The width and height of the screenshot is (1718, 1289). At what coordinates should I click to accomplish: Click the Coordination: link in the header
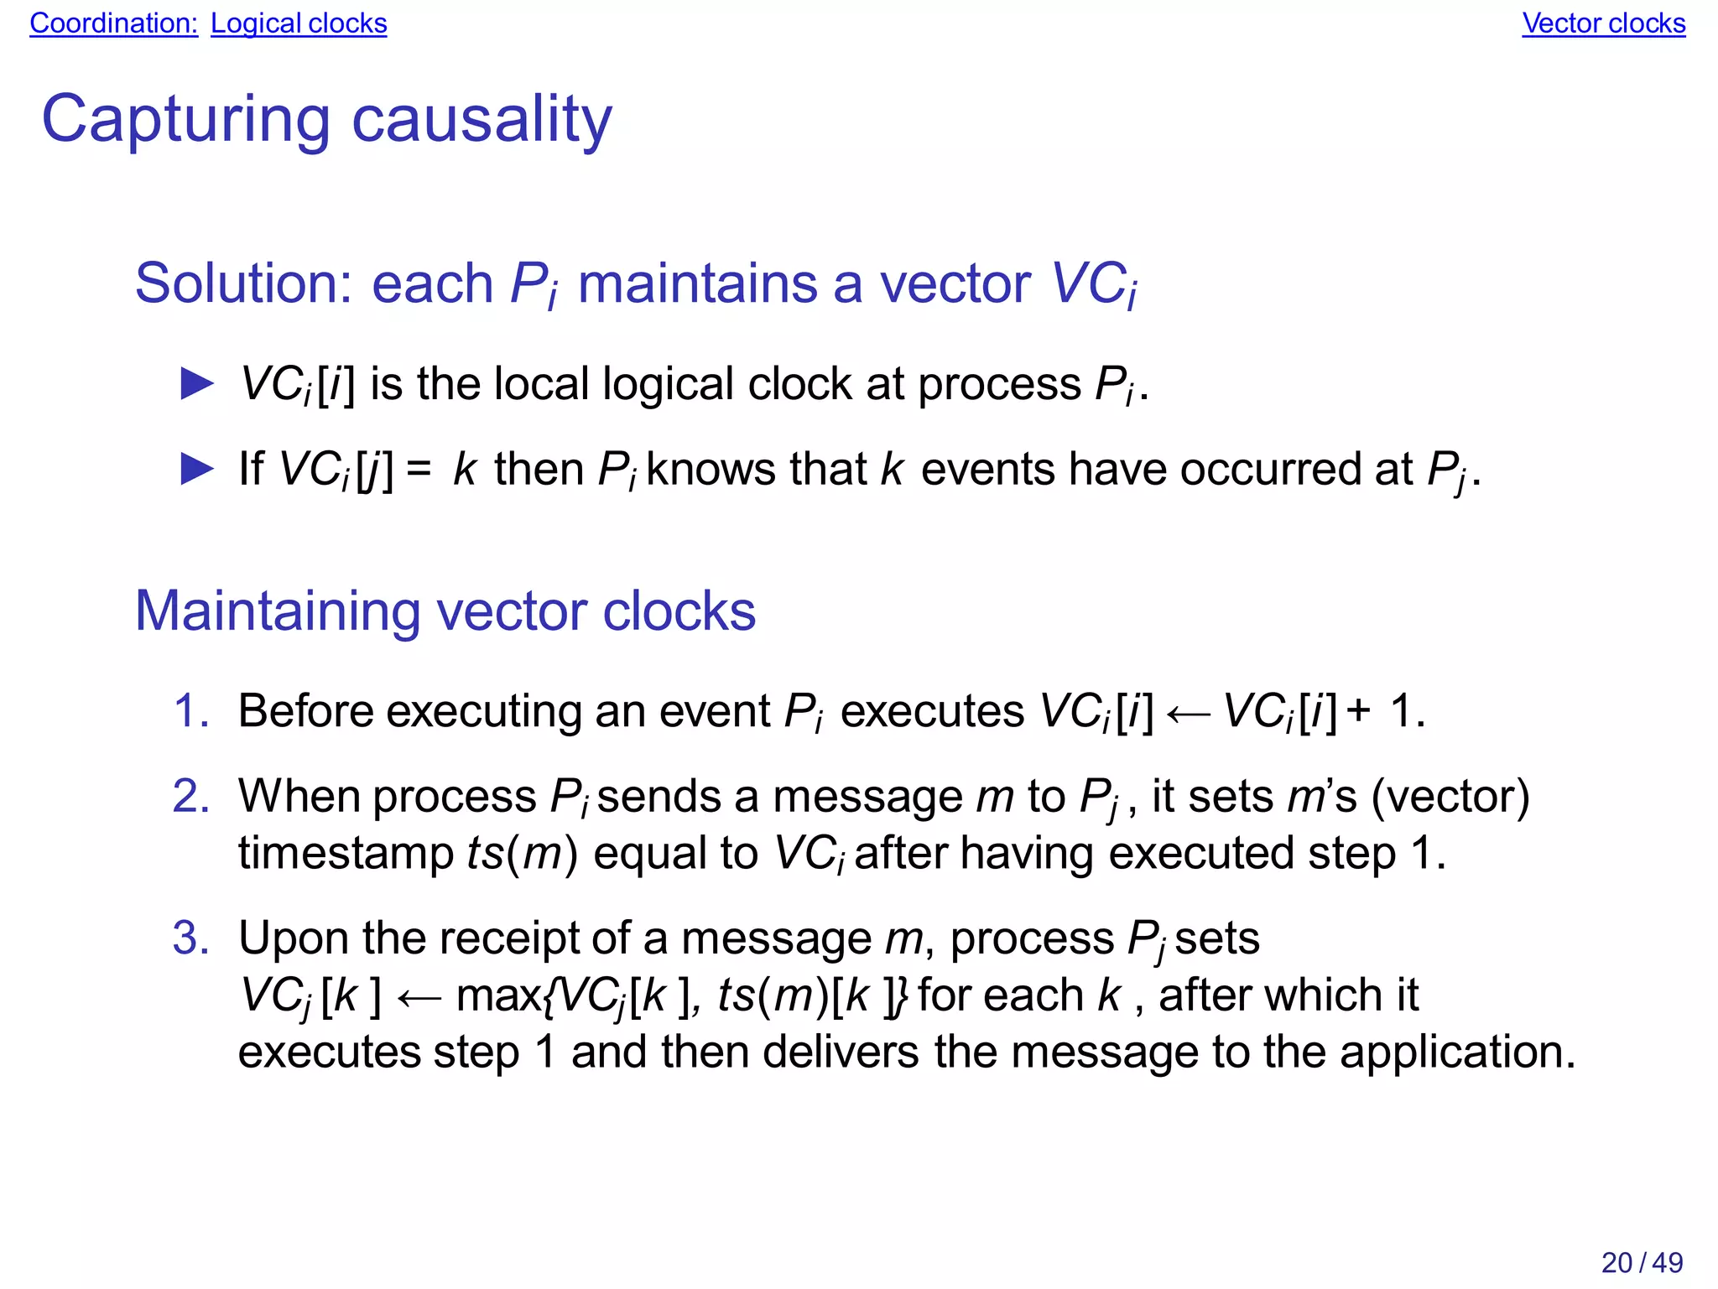[113, 23]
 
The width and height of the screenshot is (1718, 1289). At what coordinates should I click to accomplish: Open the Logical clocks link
[299, 23]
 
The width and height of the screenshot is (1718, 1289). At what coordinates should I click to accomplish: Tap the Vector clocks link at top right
[1603, 23]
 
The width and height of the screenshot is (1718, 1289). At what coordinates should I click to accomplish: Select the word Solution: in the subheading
[243, 283]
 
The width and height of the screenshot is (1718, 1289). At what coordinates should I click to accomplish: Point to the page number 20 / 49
[1642, 1262]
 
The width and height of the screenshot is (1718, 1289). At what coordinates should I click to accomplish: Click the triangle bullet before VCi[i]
[198, 384]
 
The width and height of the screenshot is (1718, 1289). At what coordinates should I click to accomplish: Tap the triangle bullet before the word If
[198, 469]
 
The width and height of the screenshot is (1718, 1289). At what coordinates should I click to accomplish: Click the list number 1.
[190, 711]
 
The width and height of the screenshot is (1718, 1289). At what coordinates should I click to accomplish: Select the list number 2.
[190, 796]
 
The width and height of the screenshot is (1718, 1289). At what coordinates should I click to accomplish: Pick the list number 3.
[190, 938]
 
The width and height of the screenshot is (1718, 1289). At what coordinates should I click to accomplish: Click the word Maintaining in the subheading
[278, 611]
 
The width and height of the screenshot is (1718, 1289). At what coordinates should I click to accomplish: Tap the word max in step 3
[498, 996]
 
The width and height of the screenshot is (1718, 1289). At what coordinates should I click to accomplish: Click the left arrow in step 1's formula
[1189, 714]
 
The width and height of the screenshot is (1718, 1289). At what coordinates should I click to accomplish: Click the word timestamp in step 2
[346, 854]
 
